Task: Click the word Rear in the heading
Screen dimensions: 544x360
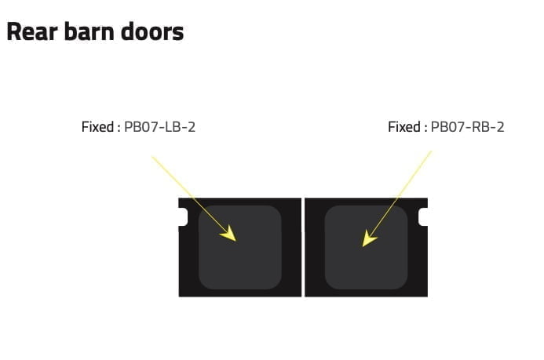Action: coord(32,31)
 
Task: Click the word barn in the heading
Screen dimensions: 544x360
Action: coord(89,31)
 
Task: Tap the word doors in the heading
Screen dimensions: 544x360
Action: coord(152,31)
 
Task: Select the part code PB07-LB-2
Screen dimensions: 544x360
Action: coord(159,127)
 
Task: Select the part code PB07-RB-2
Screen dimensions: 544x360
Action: coord(467,127)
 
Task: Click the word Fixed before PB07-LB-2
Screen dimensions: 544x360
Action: coord(97,127)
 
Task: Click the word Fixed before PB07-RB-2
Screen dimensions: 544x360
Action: coord(404,127)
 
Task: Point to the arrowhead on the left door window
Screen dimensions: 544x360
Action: coord(229,234)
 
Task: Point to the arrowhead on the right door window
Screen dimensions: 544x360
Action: coord(368,238)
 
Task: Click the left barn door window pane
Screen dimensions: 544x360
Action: coord(239,247)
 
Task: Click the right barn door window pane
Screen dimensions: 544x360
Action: coord(366,247)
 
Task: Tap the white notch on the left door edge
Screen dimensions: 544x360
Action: coord(183,217)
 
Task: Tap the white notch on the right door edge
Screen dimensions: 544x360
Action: coord(423,217)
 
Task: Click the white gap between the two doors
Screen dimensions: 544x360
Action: coord(303,247)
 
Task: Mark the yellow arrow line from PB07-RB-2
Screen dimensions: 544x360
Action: coord(397,199)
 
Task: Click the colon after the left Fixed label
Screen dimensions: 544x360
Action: coord(119,128)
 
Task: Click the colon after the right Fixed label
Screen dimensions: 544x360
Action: coord(425,128)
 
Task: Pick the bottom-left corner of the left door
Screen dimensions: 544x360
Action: coord(179,296)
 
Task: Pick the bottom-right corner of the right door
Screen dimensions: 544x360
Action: coord(427,296)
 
